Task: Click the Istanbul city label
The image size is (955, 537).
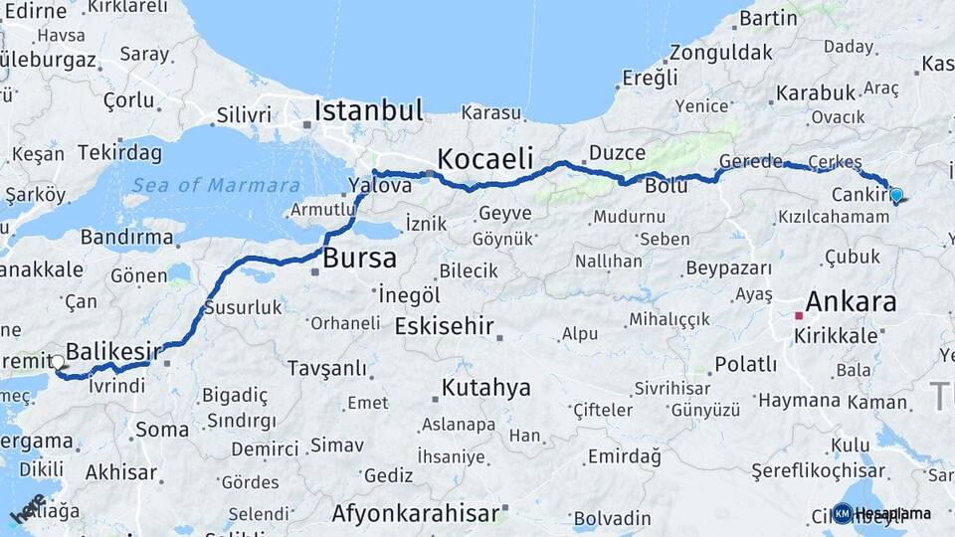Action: tap(369, 109)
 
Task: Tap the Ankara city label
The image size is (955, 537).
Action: tap(851, 301)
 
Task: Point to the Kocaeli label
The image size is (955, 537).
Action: tap(485, 158)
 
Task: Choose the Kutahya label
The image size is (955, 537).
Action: tap(486, 387)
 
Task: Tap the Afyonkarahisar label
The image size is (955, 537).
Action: tap(415, 513)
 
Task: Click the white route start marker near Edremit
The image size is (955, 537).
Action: tap(58, 364)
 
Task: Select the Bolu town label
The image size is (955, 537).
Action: tap(667, 186)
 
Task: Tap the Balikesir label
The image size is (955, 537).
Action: tap(113, 351)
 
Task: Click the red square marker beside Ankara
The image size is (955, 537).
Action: tap(798, 316)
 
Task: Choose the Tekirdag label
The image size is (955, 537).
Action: tap(119, 152)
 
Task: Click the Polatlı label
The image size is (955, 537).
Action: tap(745, 364)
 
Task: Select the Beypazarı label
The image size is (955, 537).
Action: tap(729, 268)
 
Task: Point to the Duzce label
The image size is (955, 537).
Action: tap(617, 153)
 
